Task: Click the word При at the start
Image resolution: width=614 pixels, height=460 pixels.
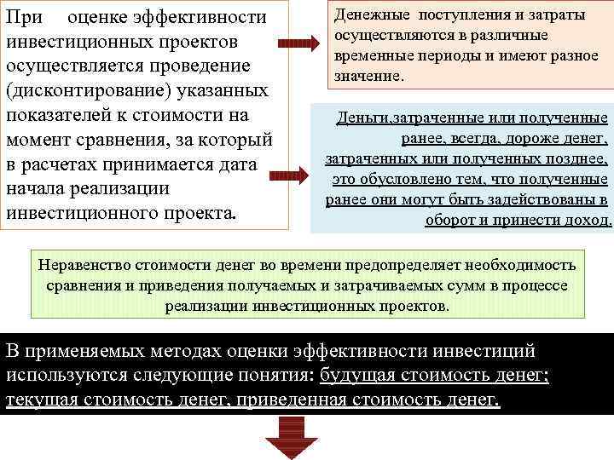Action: point(26,16)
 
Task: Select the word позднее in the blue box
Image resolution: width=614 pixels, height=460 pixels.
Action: point(574,160)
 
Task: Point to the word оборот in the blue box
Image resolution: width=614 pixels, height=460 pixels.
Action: point(455,220)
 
